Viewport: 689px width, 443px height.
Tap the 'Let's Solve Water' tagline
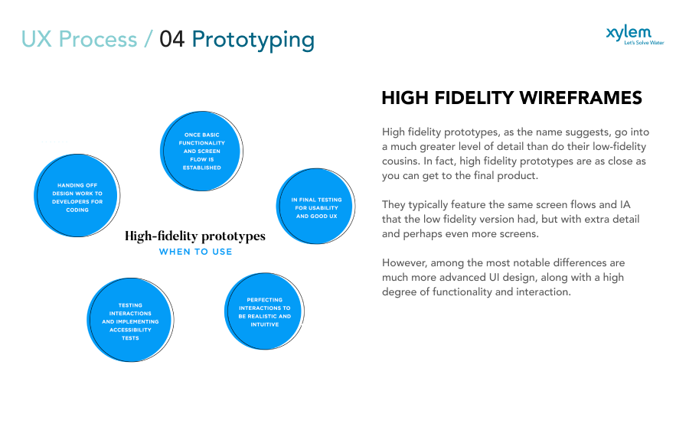click(644, 43)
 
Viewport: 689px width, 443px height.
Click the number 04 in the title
click(172, 39)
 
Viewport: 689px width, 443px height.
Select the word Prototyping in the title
click(253, 39)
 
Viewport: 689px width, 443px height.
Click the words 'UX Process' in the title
click(79, 39)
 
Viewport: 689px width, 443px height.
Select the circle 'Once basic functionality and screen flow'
click(202, 151)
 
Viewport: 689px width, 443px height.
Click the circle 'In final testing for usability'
click(316, 207)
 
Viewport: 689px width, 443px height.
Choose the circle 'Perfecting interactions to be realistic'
click(264, 312)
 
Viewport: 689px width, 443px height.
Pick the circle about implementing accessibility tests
click(130, 321)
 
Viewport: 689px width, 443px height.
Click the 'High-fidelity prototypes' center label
click(195, 236)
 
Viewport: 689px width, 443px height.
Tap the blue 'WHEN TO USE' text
click(195, 251)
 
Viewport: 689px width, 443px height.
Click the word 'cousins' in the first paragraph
click(404, 161)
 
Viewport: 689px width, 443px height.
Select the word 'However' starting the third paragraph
click(404, 262)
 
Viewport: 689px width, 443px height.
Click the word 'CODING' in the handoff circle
click(77, 210)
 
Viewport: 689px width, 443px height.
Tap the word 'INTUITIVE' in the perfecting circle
click(264, 324)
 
